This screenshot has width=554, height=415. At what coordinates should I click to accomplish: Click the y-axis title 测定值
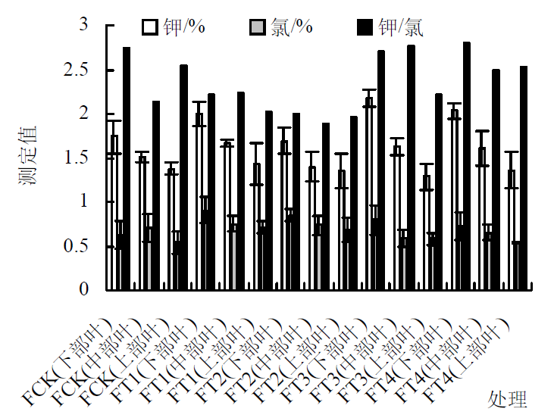29,156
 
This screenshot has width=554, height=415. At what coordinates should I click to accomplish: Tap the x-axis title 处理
507,398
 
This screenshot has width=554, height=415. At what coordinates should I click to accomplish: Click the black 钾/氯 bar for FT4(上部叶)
524,178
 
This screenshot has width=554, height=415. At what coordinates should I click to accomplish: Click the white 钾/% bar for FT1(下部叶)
199,201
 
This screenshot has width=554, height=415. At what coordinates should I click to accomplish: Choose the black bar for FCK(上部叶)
183,177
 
